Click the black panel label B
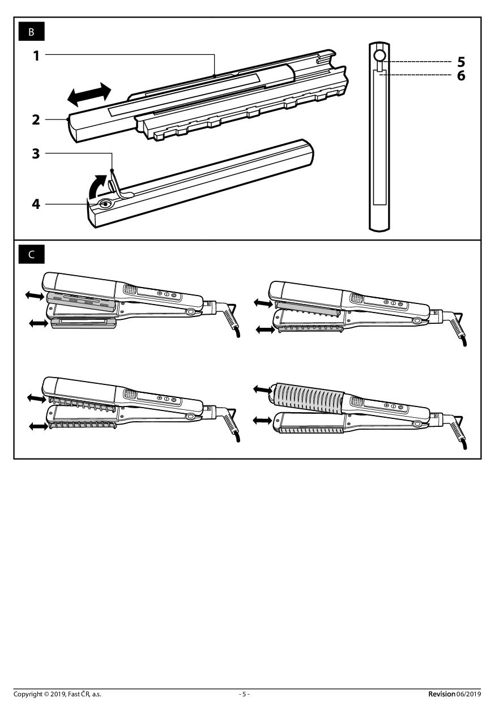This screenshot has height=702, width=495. tap(31, 32)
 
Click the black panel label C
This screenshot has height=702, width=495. tap(31, 254)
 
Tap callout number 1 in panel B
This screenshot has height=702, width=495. tap(36, 56)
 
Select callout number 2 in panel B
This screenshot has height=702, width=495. tap(36, 119)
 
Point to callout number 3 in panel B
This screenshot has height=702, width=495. tap(36, 153)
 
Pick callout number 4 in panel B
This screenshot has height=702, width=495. tap(36, 204)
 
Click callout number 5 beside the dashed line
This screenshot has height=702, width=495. tap(461, 62)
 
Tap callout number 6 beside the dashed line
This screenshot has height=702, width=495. tap(461, 75)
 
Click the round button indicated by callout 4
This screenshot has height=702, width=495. tap(104, 204)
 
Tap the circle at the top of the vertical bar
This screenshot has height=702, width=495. tap(379, 56)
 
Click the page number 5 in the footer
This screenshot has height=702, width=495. tap(244, 694)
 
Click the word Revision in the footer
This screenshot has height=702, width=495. tap(442, 694)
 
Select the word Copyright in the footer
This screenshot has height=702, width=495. tap(28, 694)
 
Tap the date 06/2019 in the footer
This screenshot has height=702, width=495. tap(468, 694)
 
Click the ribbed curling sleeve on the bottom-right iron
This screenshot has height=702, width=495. tap(309, 396)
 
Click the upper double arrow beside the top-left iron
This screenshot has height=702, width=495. tap(35, 295)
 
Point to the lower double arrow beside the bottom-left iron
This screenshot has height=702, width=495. tap(39, 426)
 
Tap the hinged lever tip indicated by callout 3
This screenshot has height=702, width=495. tap(112, 170)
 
